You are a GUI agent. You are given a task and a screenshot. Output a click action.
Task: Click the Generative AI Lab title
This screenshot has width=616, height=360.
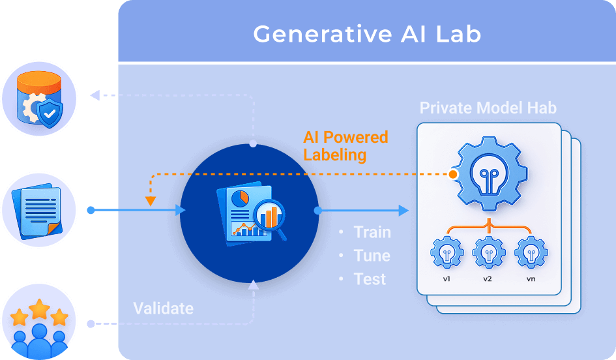[368, 34]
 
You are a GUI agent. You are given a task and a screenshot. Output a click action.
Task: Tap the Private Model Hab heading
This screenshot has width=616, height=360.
[488, 108]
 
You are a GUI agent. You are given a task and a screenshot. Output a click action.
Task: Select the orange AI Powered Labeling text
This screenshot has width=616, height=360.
[345, 146]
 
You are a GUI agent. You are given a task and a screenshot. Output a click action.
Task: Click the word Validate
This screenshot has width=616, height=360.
[164, 308]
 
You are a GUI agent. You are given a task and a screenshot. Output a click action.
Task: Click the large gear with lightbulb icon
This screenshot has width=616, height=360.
[489, 173]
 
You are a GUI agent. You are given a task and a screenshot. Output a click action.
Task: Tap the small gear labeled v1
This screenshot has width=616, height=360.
[447, 252]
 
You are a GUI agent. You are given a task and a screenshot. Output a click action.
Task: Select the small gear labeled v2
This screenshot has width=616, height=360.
[489, 252]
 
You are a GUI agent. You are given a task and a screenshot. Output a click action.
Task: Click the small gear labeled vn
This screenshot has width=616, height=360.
[531, 252]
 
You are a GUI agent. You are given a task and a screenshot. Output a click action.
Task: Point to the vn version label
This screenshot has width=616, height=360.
[531, 279]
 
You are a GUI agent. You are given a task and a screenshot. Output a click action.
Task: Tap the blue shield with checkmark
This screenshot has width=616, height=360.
[50, 113]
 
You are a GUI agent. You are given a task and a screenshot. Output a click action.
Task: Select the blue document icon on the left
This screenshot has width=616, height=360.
[37, 211]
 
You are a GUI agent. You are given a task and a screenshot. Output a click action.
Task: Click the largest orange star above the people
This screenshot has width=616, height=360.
[39, 309]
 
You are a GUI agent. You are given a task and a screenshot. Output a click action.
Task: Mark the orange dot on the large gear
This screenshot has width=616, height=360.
[453, 174]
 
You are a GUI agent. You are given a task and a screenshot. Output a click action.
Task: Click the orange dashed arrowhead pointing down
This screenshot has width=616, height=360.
[151, 202]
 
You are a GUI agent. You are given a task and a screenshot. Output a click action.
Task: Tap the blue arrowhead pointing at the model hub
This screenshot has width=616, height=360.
[404, 211]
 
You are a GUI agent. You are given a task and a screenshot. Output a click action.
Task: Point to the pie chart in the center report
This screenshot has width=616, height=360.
[240, 198]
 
